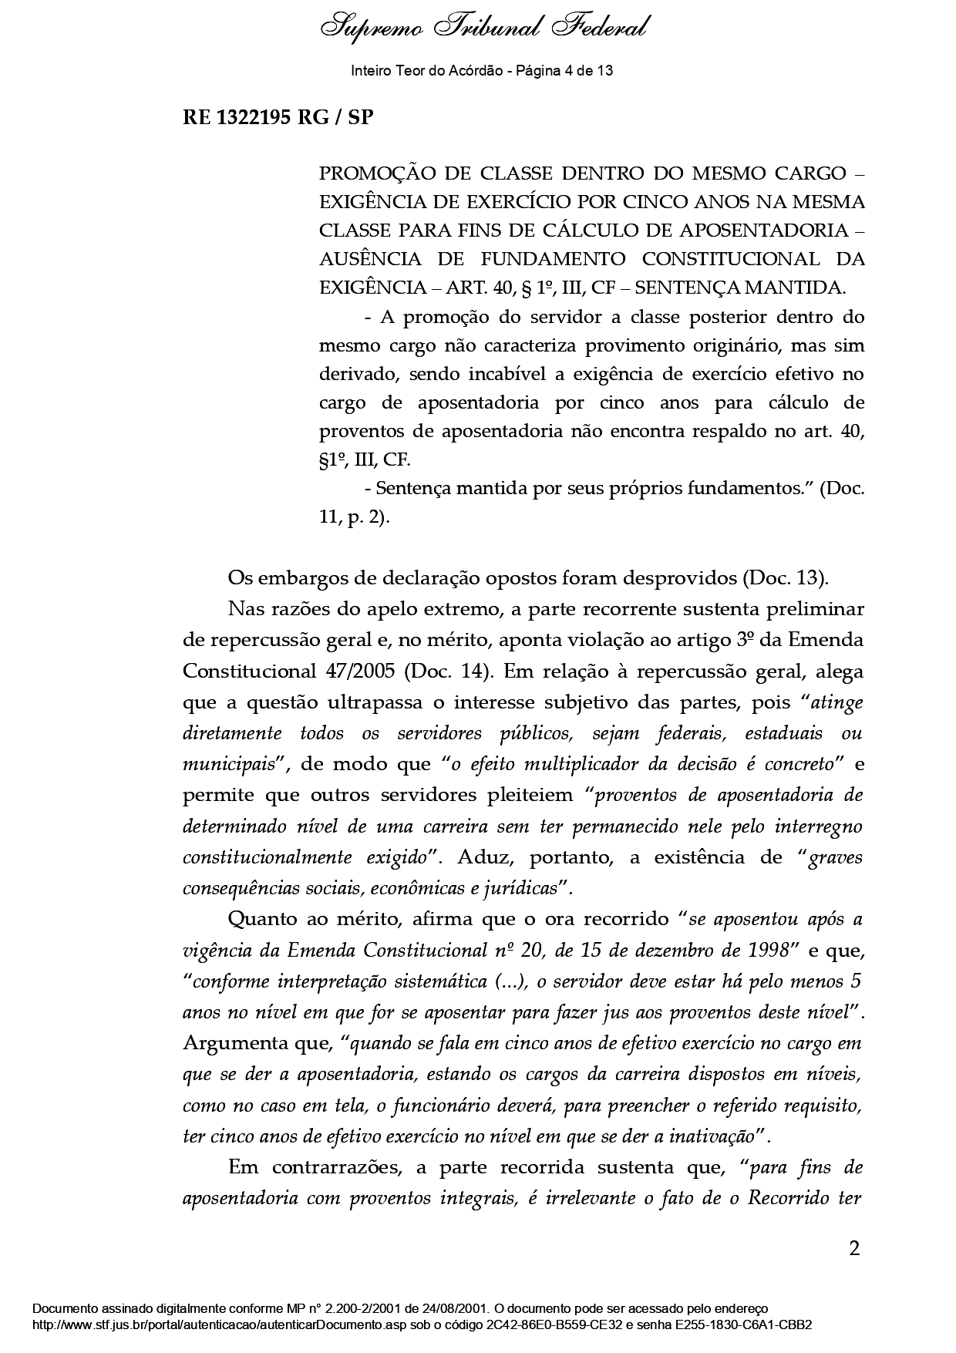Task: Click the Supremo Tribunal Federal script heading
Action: (x=483, y=29)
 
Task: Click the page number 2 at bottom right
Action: (x=853, y=1248)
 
